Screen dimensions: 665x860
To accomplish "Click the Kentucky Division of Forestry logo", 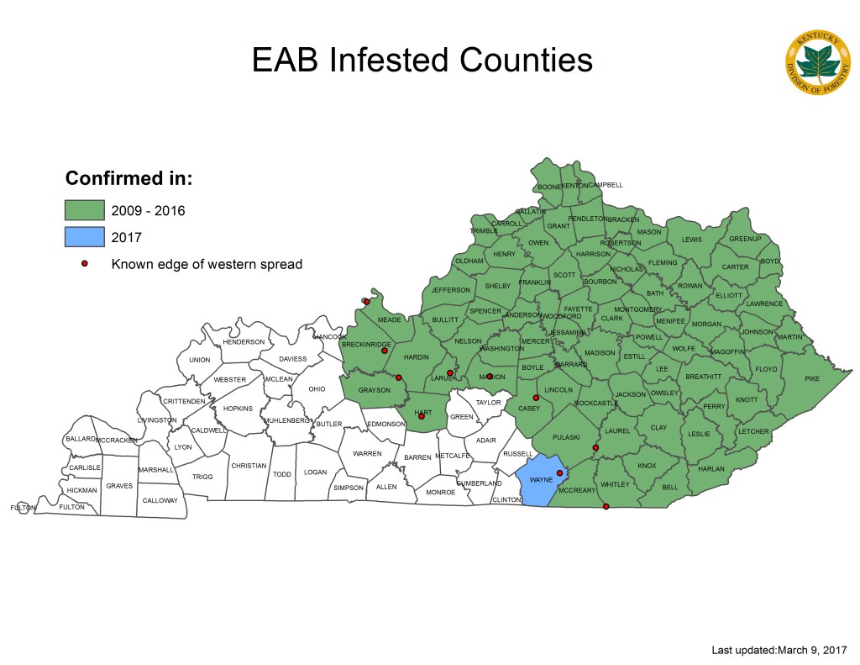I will click(x=817, y=64).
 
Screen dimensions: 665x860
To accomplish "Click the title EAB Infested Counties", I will click(x=422, y=61).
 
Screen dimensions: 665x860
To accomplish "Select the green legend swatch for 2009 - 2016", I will click(x=85, y=210).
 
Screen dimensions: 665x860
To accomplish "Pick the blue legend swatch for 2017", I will click(x=85, y=237).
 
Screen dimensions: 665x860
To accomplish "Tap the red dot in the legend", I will click(x=85, y=264).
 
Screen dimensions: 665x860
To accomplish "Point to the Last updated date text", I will click(x=779, y=650).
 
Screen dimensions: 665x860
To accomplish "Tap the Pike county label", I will click(x=811, y=379).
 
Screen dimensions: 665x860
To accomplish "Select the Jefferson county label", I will click(x=451, y=290).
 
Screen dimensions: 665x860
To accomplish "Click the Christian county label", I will click(x=249, y=466).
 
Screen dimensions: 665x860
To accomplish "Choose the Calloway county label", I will click(x=160, y=501).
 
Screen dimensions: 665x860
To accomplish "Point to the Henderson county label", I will click(x=244, y=342).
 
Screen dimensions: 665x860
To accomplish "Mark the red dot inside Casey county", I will click(x=536, y=398).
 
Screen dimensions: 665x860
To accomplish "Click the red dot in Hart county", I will click(x=422, y=416).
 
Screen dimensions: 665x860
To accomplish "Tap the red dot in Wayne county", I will click(x=559, y=473).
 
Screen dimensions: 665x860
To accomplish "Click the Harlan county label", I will click(x=711, y=469).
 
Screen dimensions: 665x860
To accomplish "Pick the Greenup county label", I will click(x=744, y=240).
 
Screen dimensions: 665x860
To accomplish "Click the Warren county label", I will click(x=367, y=454).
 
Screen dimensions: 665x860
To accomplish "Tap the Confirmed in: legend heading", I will click(x=129, y=179).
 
